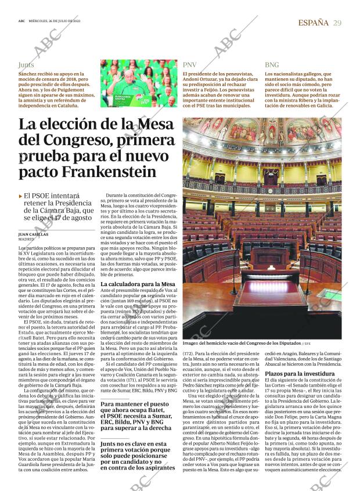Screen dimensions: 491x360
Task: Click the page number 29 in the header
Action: click(337, 23)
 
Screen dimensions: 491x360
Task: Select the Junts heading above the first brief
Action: click(26, 65)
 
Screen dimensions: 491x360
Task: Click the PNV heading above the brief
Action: click(190, 65)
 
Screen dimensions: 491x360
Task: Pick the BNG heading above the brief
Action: click(272, 65)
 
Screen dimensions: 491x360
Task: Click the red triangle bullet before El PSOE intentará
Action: click(21, 197)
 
